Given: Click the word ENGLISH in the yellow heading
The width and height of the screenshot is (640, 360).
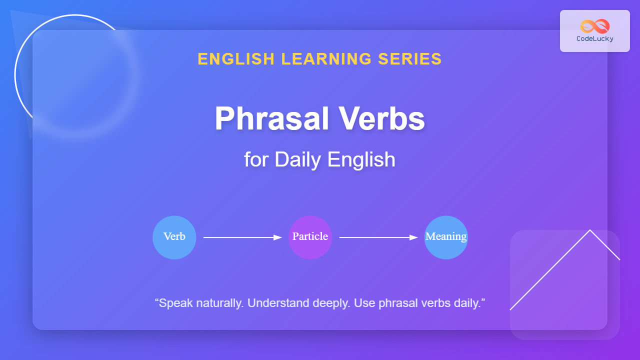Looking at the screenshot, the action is pyautogui.click(x=236, y=59).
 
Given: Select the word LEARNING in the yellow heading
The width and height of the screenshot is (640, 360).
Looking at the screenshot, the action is pyautogui.click(x=326, y=59).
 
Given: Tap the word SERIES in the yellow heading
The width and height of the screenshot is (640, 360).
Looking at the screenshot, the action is pyautogui.click(x=410, y=59).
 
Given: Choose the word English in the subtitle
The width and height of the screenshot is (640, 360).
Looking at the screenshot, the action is pyautogui.click(x=361, y=159).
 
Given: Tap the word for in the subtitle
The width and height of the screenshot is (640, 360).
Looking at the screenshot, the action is pyautogui.click(x=256, y=159).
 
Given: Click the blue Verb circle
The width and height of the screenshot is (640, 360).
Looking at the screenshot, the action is pyautogui.click(x=174, y=237).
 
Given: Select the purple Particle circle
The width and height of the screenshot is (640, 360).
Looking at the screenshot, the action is pyautogui.click(x=310, y=237).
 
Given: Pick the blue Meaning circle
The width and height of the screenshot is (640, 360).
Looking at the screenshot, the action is pyautogui.click(x=446, y=237).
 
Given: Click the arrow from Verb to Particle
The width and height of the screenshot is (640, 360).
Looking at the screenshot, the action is pyautogui.click(x=242, y=237).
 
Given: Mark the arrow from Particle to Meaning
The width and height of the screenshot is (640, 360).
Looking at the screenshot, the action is pyautogui.click(x=378, y=237).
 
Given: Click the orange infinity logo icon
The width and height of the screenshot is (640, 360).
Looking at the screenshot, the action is pyautogui.click(x=595, y=26).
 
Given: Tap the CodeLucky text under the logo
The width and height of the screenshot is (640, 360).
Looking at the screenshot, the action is pyautogui.click(x=595, y=39).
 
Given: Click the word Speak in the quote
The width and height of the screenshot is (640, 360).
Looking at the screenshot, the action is pyautogui.click(x=175, y=303).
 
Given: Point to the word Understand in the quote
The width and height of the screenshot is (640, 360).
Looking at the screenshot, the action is pyautogui.click(x=278, y=303).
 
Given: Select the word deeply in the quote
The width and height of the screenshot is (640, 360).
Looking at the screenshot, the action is pyautogui.click(x=331, y=303).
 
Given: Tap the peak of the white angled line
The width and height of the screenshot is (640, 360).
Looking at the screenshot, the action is pyautogui.click(x=590, y=230).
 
